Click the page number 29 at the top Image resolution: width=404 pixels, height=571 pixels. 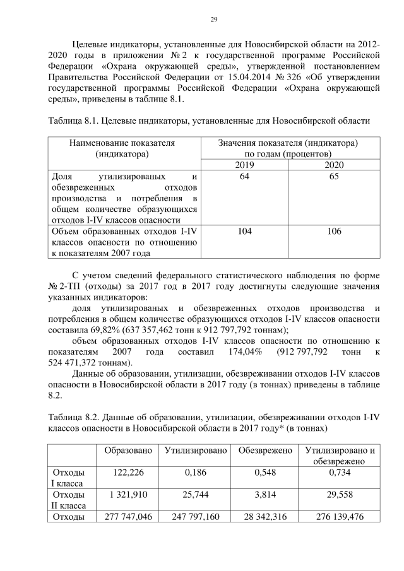pyautogui.click(x=213, y=20)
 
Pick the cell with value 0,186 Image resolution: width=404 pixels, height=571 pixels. pyautogui.click(x=195, y=473)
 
